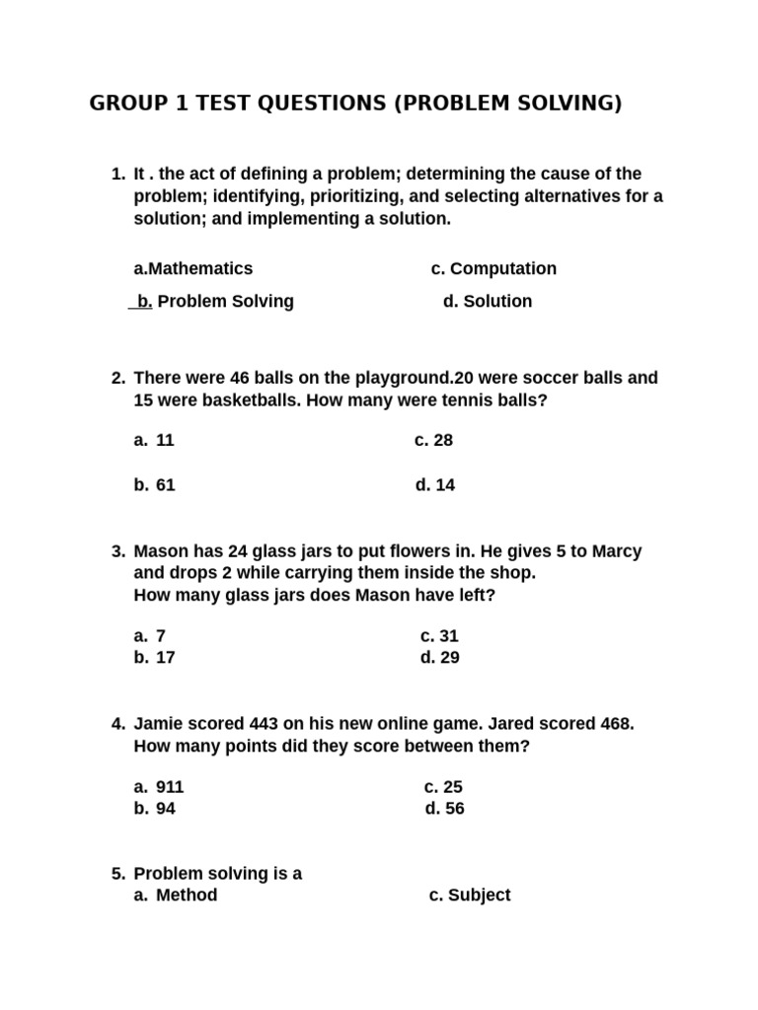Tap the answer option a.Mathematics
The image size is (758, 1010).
(193, 269)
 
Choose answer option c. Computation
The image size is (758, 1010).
(493, 269)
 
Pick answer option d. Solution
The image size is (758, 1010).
(488, 302)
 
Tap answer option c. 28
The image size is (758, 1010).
(433, 441)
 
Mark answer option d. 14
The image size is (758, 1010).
(435, 485)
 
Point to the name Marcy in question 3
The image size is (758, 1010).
(617, 551)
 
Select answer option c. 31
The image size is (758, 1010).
(439, 636)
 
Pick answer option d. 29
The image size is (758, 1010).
(440, 658)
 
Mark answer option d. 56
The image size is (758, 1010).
(444, 809)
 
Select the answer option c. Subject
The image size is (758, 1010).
(470, 896)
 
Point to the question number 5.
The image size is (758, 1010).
(117, 874)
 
